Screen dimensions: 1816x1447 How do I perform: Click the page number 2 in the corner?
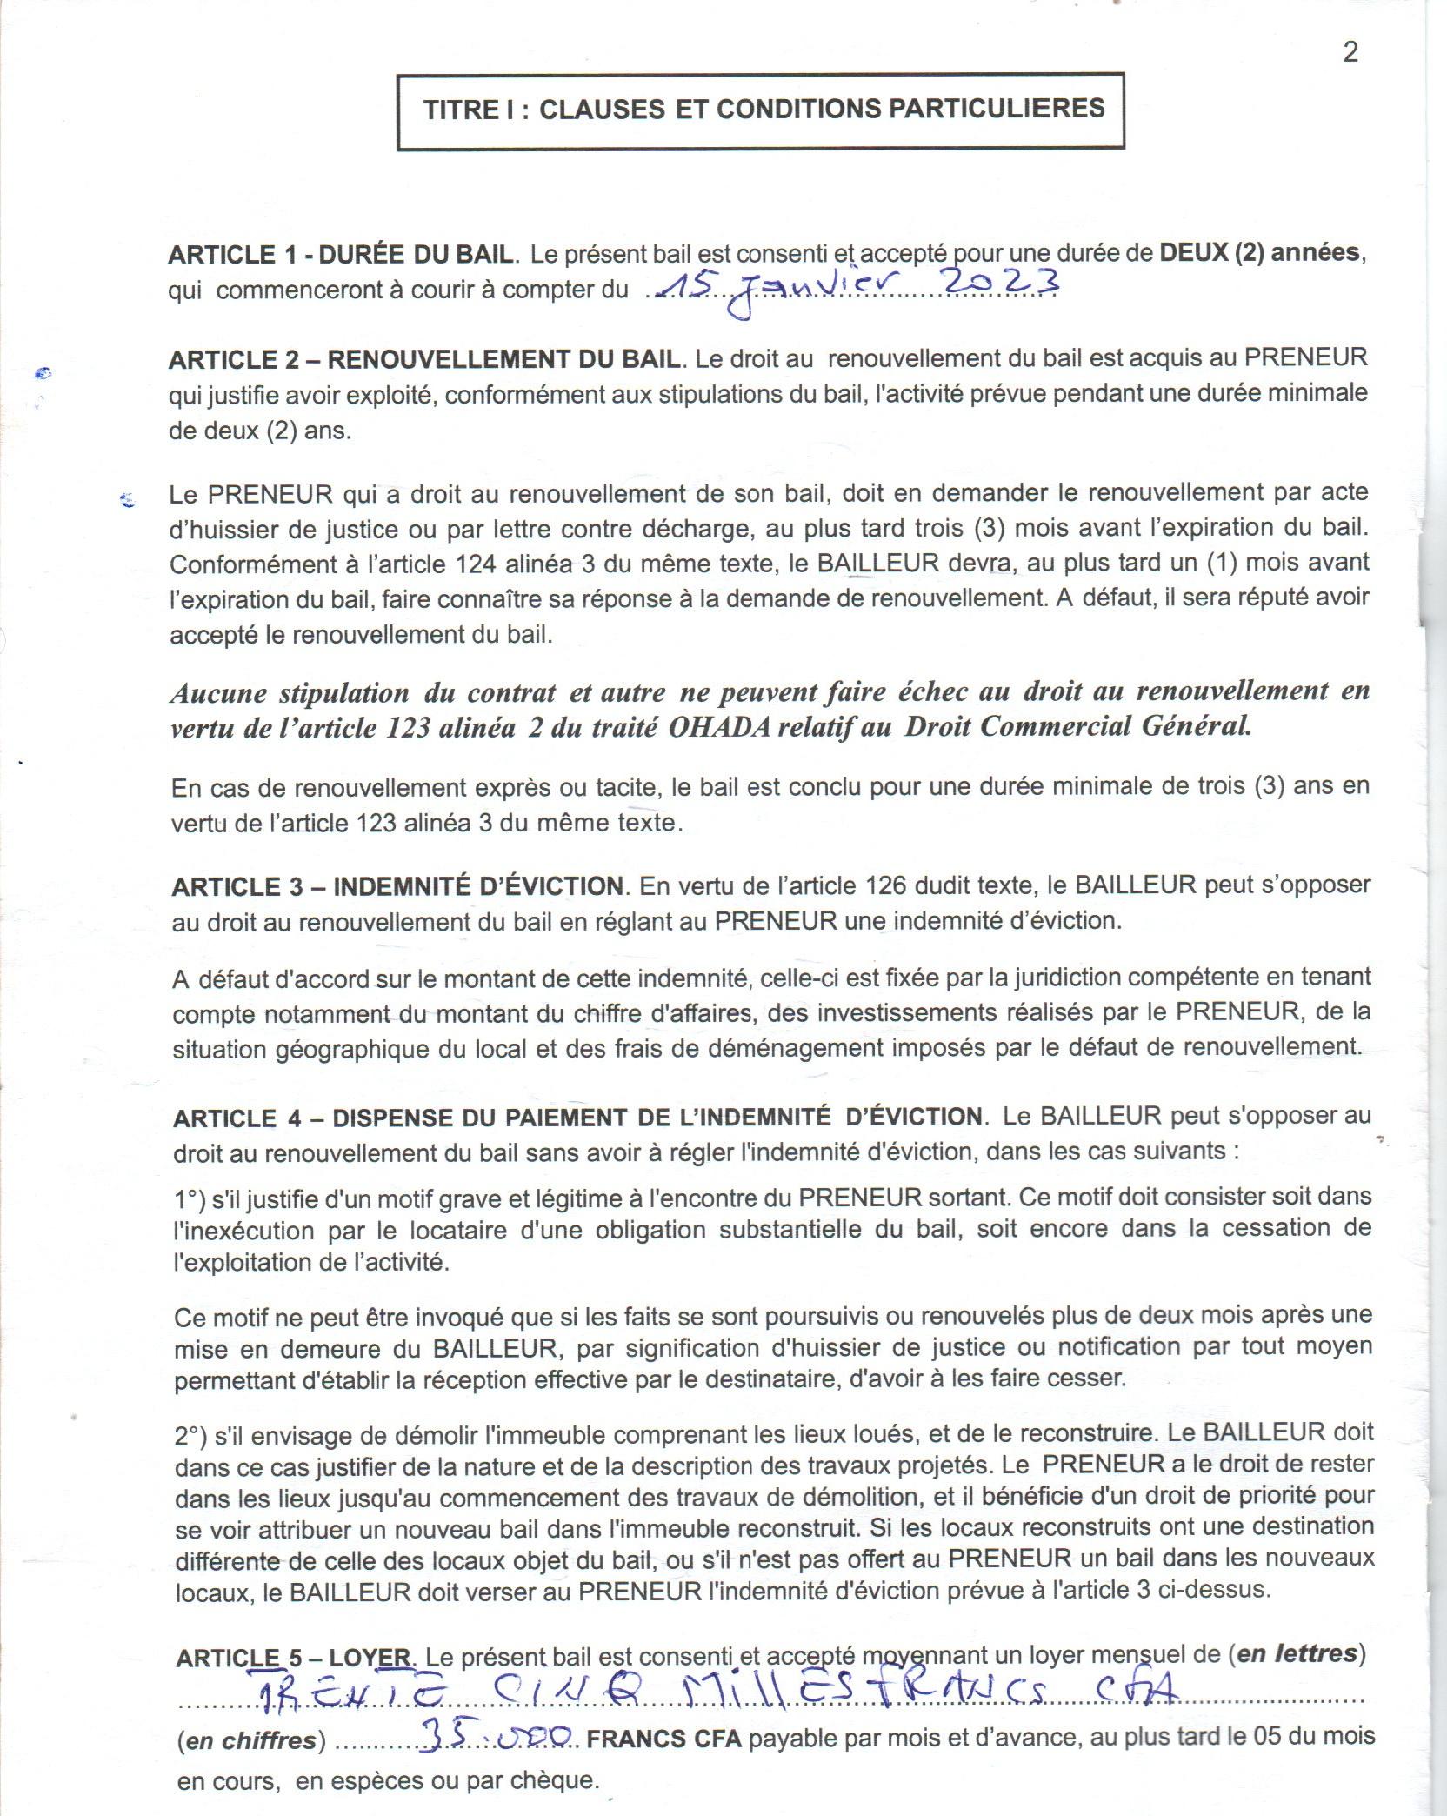point(1350,52)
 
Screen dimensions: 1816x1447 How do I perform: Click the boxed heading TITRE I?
point(763,109)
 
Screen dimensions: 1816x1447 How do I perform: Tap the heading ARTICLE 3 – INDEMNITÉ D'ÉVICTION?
point(398,886)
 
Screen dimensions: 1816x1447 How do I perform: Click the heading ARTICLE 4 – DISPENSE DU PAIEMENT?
point(577,1117)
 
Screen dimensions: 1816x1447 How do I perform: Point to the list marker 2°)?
point(190,1435)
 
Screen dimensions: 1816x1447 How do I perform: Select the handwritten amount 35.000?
point(495,1735)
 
